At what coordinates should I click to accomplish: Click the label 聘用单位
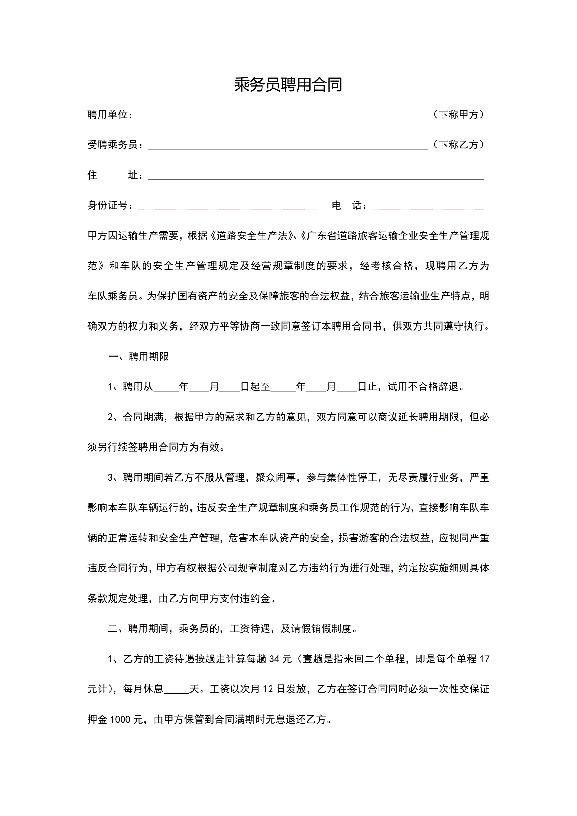[x=108, y=115]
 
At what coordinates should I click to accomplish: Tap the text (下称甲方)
[x=459, y=115]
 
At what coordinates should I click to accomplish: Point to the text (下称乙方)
[x=459, y=145]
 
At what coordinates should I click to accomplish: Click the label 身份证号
[x=108, y=205]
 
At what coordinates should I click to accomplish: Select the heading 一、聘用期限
[x=139, y=356]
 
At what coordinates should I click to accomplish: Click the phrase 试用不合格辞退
[x=423, y=387]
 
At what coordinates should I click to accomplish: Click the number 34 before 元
[x=275, y=659]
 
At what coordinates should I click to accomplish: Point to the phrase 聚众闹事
[x=275, y=478]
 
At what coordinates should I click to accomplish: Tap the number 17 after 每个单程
[x=484, y=659]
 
